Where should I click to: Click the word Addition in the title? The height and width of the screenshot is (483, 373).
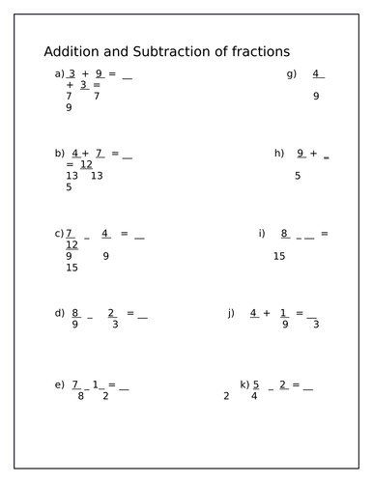73,51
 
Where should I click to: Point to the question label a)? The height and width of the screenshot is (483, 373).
60,74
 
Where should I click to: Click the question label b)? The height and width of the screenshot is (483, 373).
60,153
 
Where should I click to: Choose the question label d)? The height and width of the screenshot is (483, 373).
60,313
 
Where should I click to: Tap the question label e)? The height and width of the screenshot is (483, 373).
60,385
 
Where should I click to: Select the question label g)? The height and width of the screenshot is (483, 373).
291,74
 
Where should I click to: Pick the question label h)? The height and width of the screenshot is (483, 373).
279,153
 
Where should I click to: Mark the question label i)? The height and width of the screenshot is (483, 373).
261,233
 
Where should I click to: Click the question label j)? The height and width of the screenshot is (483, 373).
231,313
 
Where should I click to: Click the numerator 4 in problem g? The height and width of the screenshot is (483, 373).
316,73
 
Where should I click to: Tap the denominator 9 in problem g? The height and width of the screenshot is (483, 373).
316,96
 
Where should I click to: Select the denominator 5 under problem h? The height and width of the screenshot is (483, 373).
298,176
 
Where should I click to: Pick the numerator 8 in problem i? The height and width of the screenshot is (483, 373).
285,233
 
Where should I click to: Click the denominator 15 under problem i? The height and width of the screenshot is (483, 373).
279,256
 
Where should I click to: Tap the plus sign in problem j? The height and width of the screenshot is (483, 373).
267,313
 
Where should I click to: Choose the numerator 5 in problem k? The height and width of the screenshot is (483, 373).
256,384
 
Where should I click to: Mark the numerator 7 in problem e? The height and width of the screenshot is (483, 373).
75,385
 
